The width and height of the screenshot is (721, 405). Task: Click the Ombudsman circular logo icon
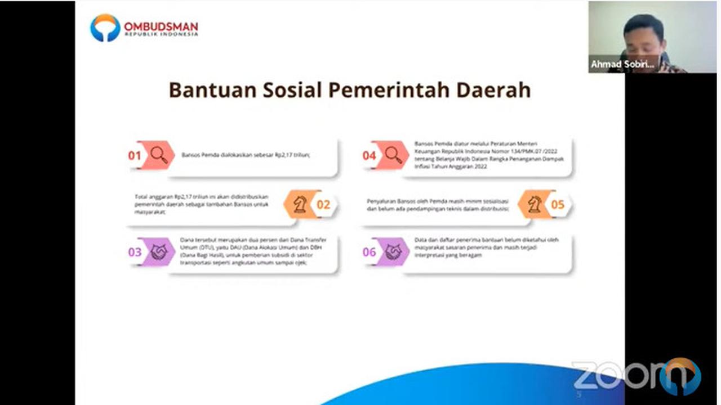click(105, 28)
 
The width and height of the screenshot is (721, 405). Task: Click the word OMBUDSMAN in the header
click(161, 26)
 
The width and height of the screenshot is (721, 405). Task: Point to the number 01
click(134, 155)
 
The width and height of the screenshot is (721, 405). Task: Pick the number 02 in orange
click(323, 204)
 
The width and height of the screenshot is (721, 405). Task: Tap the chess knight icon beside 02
click(300, 204)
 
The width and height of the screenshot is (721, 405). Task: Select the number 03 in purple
click(135, 252)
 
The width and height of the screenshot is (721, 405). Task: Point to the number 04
click(369, 155)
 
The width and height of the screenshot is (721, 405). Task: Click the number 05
click(558, 204)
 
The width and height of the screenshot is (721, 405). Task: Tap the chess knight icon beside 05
click(534, 204)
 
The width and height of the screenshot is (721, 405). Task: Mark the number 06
click(369, 252)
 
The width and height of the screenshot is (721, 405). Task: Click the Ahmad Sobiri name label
click(623, 65)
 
